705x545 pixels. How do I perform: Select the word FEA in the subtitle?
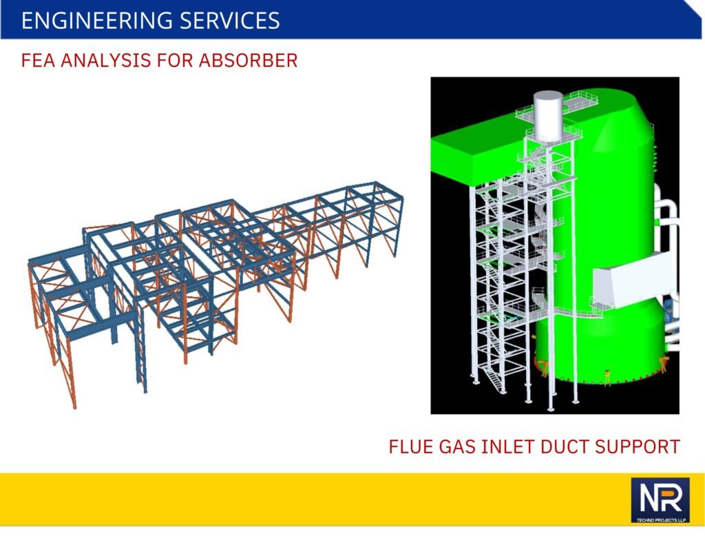[x=38, y=61]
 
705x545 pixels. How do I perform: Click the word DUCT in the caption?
[x=564, y=447]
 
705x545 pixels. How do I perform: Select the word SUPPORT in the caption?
[x=637, y=447]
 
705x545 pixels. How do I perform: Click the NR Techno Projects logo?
[x=660, y=500]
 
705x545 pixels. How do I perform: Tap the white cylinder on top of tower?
[x=547, y=116]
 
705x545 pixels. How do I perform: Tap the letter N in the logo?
[x=649, y=499]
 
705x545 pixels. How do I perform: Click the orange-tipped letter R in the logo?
[x=671, y=499]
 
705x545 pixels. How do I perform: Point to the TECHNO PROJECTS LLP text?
[x=660, y=520]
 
